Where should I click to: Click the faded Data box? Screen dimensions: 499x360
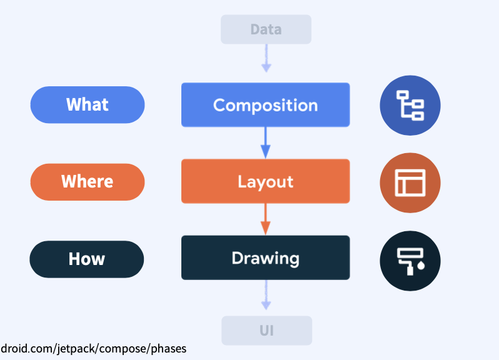[x=266, y=29]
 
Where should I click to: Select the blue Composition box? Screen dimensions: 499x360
[x=265, y=105]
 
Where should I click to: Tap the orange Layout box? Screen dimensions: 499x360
[x=265, y=181]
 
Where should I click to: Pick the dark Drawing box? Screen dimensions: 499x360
[x=265, y=257]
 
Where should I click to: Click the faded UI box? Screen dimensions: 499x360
[x=266, y=331]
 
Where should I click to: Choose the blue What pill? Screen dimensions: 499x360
[x=88, y=104]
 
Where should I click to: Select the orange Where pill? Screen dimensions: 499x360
[x=88, y=182]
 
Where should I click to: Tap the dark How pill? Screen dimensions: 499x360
[x=87, y=259]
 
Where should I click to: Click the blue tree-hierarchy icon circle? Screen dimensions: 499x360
[x=410, y=105]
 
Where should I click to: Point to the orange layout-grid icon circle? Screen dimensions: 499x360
[x=410, y=182]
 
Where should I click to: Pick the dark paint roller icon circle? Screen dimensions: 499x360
[x=410, y=260]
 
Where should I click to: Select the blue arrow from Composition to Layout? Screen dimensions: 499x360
[x=265, y=142]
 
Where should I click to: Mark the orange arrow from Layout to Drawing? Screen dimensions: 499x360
[x=265, y=219]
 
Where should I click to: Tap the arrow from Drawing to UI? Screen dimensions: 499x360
[x=266, y=295]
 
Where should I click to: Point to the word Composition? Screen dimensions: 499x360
[x=265, y=105]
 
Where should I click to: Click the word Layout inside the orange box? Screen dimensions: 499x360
[x=265, y=182]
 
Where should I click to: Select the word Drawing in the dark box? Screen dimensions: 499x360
[x=265, y=257]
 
